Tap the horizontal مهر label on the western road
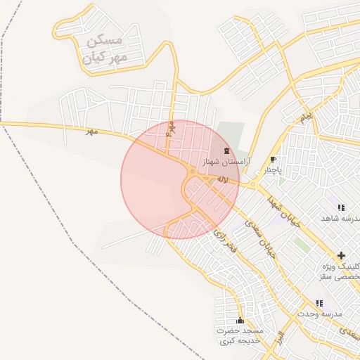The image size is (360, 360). pyautogui.click(x=89, y=131)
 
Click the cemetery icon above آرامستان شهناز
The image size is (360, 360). pyautogui.click(x=226, y=151)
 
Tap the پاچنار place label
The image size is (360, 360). pyautogui.click(x=273, y=170)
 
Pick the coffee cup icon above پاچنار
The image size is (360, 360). pyautogui.click(x=274, y=160)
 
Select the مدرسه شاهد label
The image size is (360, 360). pyautogui.click(x=340, y=219)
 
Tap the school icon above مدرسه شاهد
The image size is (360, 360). pyautogui.click(x=341, y=208)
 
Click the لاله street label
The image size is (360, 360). pyautogui.click(x=222, y=180)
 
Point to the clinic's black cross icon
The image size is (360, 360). pyautogui.click(x=341, y=255)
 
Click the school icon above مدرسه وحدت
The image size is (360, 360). pyautogui.click(x=319, y=303)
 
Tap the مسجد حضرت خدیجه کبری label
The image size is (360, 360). pyautogui.click(x=239, y=335)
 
